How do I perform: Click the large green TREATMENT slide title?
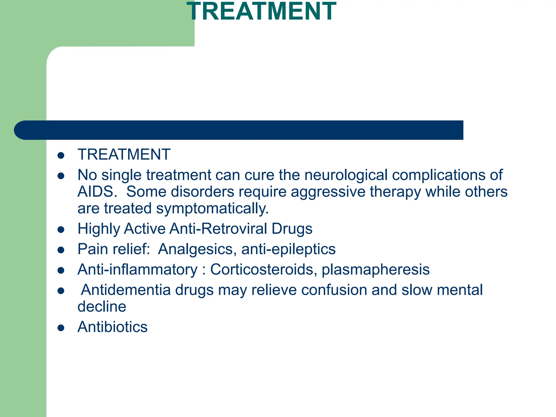pos(261,11)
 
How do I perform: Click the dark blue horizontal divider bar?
pos(239,130)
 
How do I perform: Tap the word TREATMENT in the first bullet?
pos(124,154)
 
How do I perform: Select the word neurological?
pos(346,175)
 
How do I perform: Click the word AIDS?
pos(97,192)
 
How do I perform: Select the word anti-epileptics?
pos(288,249)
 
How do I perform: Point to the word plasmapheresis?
pos(375,270)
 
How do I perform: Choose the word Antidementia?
pos(126,290)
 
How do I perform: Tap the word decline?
pos(102,307)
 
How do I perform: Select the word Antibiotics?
pos(112,327)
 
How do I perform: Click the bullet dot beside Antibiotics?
pos(61,328)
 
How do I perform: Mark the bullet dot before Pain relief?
pos(61,250)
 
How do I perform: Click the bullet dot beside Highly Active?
pos(61,230)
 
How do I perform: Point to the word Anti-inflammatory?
pos(138,270)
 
